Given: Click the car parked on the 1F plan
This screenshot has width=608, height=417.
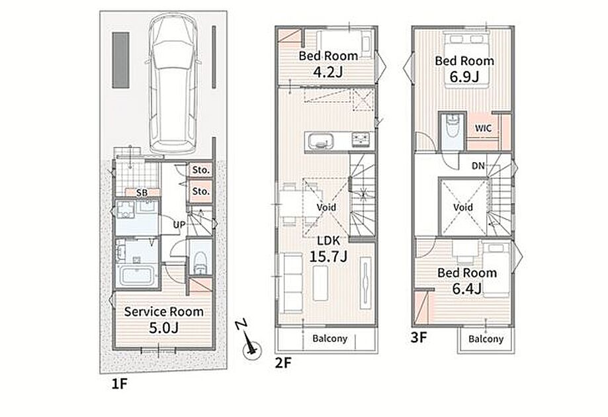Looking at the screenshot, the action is (x=173, y=83).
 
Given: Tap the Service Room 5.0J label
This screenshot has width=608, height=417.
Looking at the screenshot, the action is (x=163, y=320).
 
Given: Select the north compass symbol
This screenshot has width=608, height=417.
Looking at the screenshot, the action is (x=250, y=342).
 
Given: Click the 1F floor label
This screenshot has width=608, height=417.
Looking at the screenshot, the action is (x=119, y=384).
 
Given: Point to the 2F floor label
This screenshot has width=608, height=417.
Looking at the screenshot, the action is (x=282, y=363).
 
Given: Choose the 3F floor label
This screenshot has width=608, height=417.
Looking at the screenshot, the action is (x=419, y=337).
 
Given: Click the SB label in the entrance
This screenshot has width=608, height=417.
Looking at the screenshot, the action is (x=142, y=192).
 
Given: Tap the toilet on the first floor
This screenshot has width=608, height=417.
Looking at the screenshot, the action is (x=200, y=263).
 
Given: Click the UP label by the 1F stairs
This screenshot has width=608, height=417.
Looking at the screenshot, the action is (x=179, y=224).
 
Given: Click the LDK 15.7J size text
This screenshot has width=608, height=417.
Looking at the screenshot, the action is (x=328, y=249).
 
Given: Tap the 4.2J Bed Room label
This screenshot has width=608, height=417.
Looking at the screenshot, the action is (x=328, y=64).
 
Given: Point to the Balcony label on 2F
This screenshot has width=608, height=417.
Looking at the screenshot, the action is (x=330, y=339).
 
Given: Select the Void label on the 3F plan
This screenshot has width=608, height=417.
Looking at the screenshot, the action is (x=463, y=207).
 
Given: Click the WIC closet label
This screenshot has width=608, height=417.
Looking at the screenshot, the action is (x=483, y=128).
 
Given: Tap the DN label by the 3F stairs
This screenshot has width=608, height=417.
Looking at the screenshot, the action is (x=478, y=165).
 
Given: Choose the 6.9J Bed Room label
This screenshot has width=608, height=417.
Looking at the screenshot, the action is (x=464, y=69).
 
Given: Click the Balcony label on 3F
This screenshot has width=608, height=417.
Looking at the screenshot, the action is (x=486, y=339).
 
